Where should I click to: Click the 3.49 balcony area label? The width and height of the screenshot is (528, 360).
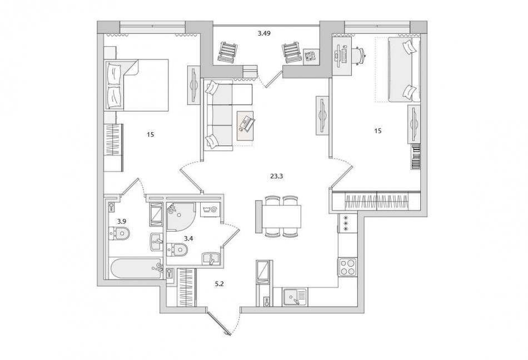click(265, 33)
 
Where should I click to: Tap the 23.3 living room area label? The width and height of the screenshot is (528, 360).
click(276, 176)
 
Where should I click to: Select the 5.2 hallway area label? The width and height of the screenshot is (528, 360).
click(220, 284)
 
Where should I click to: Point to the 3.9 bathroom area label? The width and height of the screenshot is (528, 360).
click(122, 221)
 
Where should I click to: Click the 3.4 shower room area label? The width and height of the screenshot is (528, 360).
click(188, 238)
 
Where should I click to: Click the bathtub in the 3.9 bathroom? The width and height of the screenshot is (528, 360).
click(136, 268)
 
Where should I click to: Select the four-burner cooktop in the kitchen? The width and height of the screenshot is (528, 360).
click(347, 267)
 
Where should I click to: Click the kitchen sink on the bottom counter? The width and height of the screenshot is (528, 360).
click(295, 297)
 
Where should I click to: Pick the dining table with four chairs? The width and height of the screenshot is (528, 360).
click(278, 217)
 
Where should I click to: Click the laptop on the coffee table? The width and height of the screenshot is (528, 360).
click(247, 123)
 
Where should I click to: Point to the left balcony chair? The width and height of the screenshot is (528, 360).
click(225, 52)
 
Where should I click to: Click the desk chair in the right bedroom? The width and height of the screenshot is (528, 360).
click(360, 54)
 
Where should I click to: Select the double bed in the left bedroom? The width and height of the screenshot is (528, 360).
click(137, 85)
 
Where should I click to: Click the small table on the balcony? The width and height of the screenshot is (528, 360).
click(311, 56)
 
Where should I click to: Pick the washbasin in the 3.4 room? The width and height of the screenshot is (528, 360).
click(211, 259)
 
